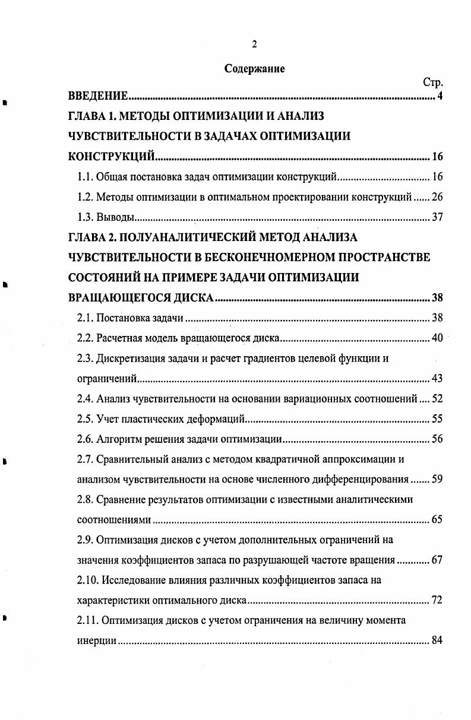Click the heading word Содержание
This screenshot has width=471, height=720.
(254, 69)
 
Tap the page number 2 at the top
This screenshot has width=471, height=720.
(254, 43)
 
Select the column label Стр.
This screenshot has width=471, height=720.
(433, 83)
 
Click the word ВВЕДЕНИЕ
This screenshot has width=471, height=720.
(98, 96)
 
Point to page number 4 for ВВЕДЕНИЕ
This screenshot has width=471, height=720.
(440, 96)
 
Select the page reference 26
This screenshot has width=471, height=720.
(437, 197)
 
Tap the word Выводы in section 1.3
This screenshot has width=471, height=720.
(112, 217)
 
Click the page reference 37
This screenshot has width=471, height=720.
(437, 217)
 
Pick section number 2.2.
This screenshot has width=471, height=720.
(86, 338)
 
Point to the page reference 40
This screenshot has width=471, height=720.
(437, 338)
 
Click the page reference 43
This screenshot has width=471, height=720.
(437, 379)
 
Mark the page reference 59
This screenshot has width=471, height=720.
(437, 480)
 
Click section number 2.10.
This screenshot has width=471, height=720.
(88, 580)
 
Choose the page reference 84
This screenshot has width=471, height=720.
(437, 641)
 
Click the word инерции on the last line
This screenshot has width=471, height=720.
(97, 641)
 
